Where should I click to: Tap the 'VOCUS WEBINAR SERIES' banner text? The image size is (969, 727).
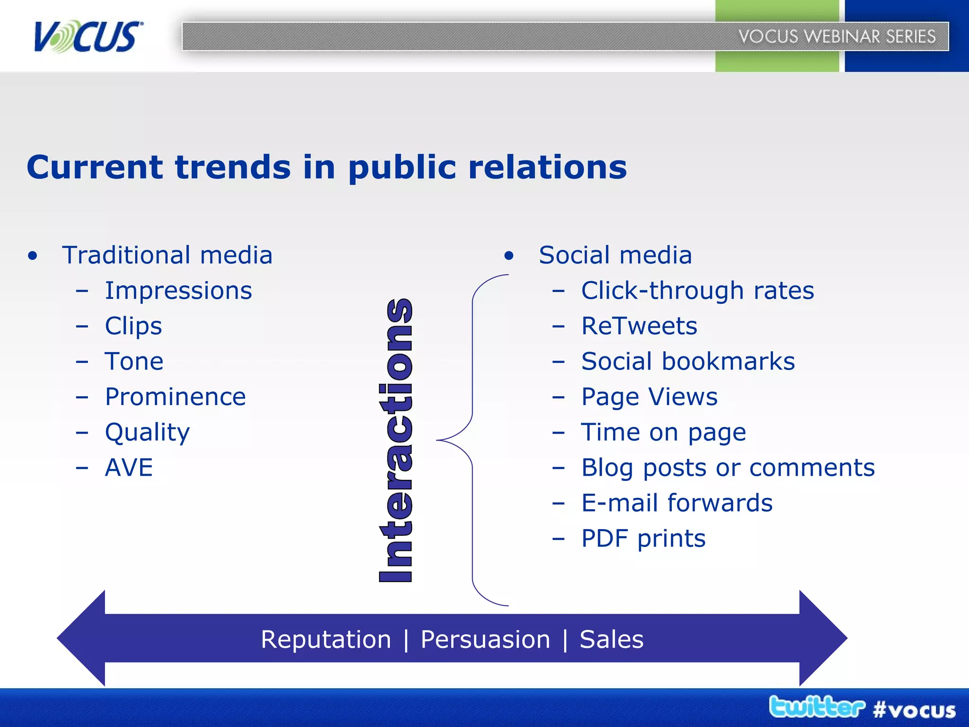[837, 36]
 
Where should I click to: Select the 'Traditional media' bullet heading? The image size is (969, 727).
[167, 255]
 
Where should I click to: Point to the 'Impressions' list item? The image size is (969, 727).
[178, 291]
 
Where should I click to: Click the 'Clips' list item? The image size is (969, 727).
[133, 326]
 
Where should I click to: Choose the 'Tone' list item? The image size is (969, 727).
[134, 362]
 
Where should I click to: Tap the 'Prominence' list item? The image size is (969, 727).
[175, 397]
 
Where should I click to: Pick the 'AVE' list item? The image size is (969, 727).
[129, 468]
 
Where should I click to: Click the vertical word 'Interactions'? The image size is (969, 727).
[396, 440]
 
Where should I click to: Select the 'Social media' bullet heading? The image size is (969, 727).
[615, 255]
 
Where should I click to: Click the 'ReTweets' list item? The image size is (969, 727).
[639, 326]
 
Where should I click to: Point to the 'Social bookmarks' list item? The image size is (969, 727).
[688, 362]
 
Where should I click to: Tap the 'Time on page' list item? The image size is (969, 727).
[663, 432]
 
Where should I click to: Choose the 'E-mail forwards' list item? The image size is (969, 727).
[677, 503]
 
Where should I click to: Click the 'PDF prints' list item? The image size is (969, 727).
[643, 538]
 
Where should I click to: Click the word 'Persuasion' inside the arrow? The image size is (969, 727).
[485, 639]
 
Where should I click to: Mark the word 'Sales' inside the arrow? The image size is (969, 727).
[611, 639]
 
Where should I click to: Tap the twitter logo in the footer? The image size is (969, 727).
[817, 707]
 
